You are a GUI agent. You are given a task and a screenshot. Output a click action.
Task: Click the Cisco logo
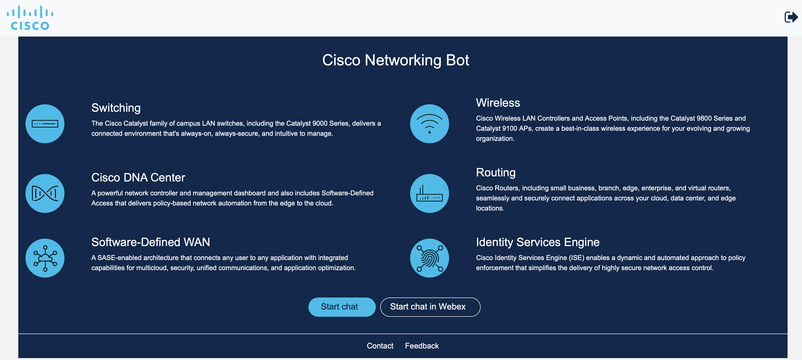coord(30,18)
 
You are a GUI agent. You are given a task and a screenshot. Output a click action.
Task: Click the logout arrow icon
coord(791,17)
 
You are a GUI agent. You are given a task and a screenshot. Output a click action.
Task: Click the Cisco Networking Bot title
coord(395,60)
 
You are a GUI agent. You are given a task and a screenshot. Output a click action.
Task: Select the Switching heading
coord(116,108)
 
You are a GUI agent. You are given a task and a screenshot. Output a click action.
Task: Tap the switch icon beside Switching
coord(45,124)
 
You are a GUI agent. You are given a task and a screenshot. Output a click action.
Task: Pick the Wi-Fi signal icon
coord(429,124)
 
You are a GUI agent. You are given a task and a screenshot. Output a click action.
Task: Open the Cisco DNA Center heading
coord(138,178)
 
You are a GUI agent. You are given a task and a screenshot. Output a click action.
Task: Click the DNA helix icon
coord(45,193)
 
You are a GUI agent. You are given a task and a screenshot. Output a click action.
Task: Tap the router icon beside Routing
coord(429,193)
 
